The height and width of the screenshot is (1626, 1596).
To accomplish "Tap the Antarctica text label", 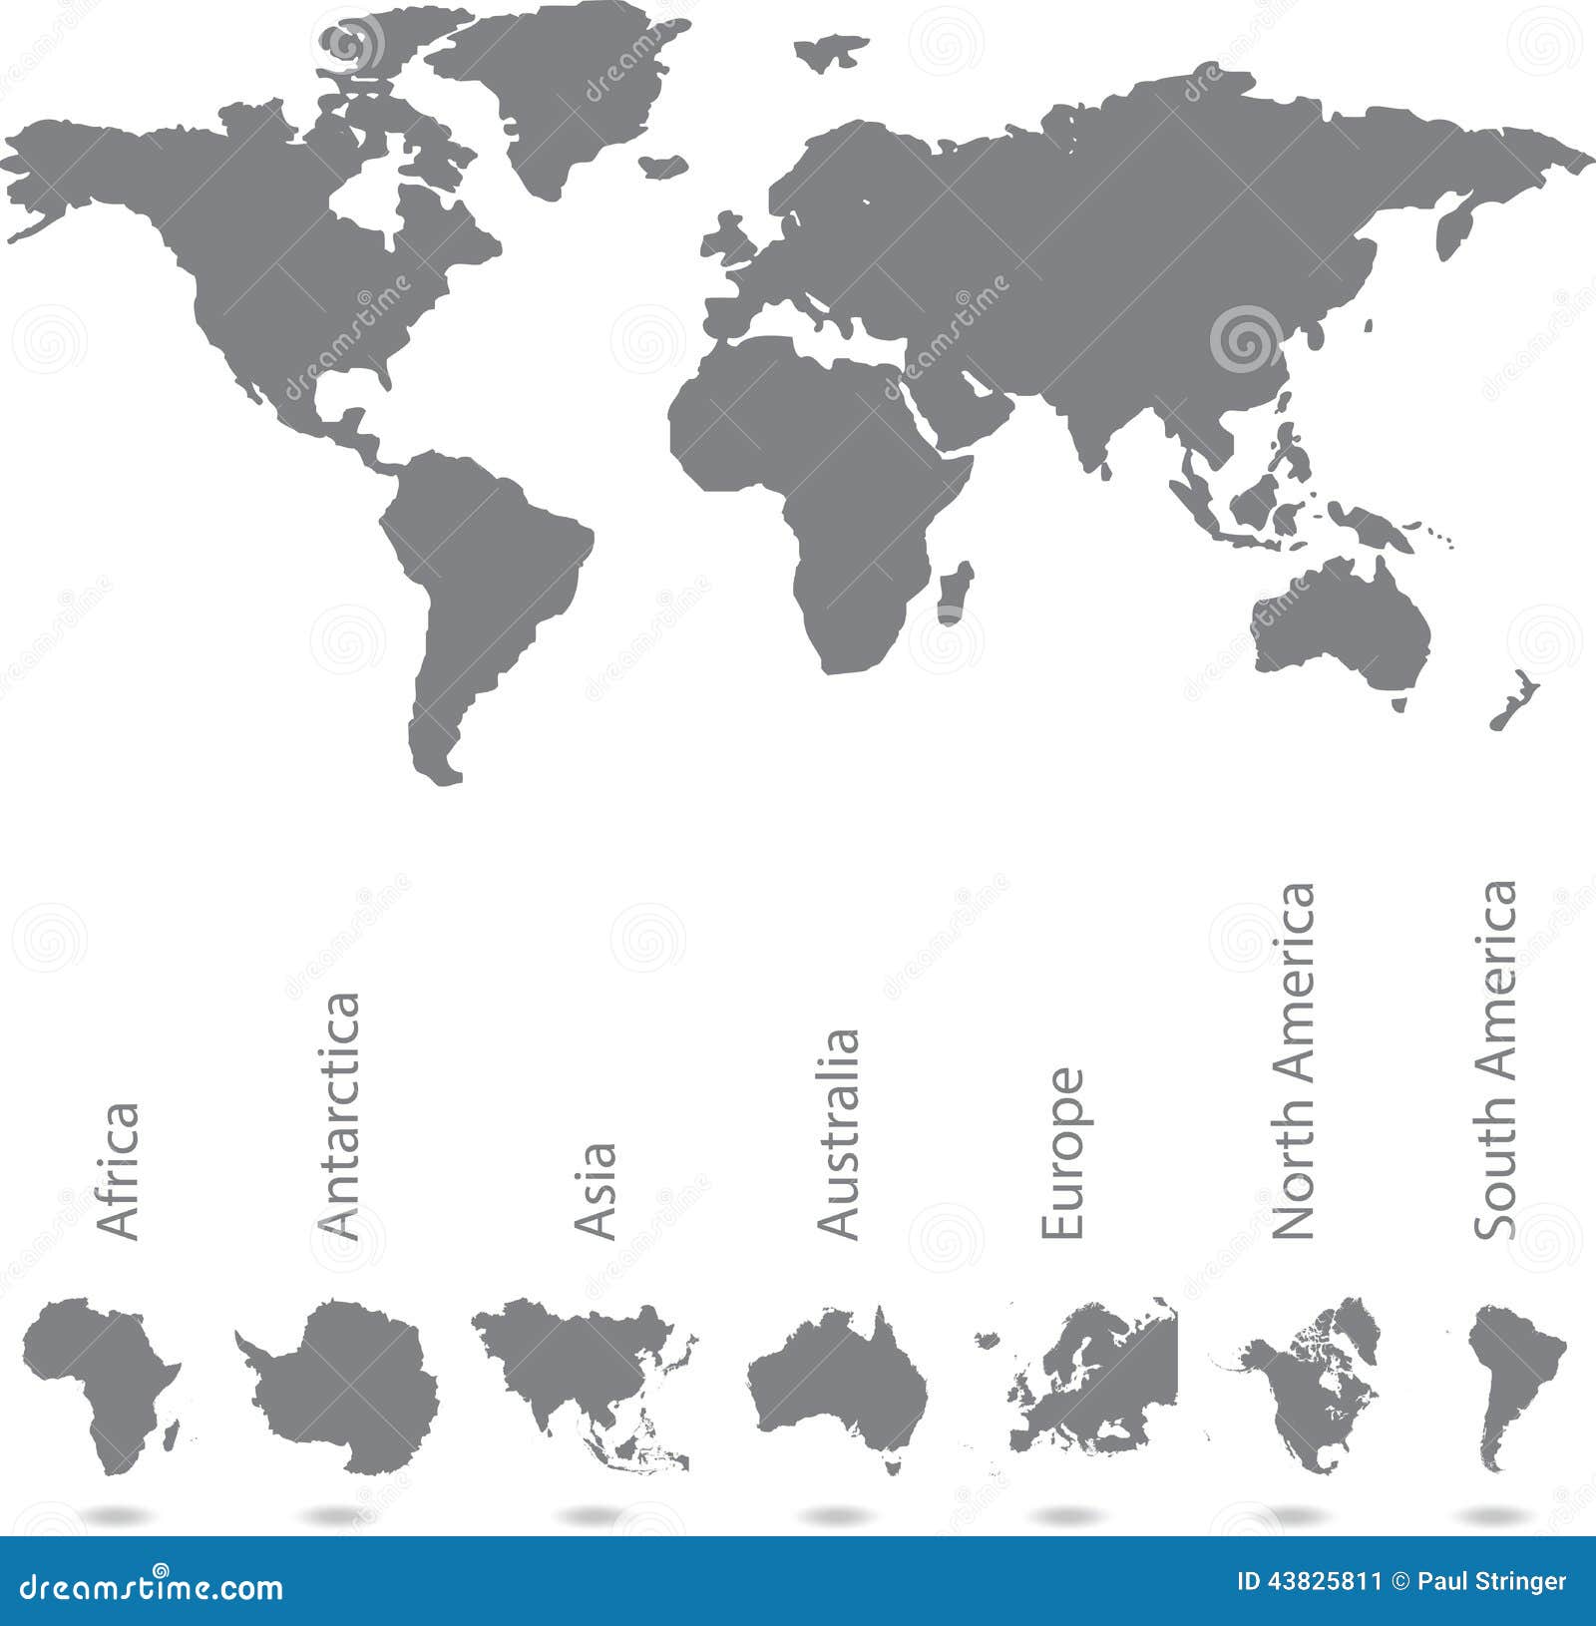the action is coord(338,1116).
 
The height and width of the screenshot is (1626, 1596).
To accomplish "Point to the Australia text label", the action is coord(838,1134).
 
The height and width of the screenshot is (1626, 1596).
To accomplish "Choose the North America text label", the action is coord(1296,1061).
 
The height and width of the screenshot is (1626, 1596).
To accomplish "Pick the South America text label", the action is coord(1495,1059).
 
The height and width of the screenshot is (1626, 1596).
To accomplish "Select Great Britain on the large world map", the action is coord(729,240).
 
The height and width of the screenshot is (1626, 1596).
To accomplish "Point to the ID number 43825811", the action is coord(1309,1581).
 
